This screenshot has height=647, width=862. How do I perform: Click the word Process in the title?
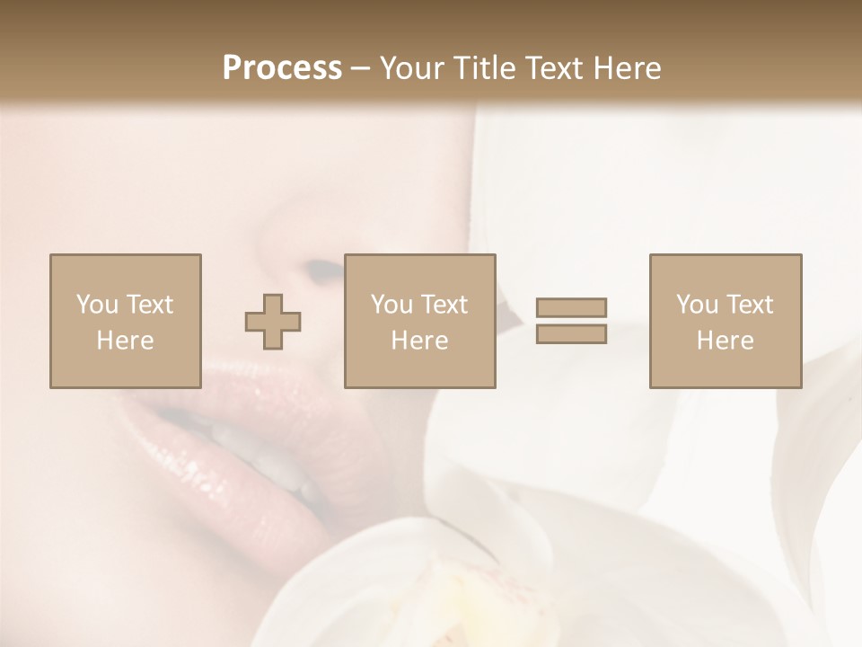[282, 68]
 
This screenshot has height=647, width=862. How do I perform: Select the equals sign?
[571, 321]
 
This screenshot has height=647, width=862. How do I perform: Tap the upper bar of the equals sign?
[571, 308]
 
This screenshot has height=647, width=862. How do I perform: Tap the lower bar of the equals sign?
[571, 333]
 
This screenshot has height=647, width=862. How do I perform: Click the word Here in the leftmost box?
[125, 341]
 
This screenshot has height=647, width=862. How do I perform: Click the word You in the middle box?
[391, 305]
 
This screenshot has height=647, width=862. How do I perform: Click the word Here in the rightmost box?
[725, 341]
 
